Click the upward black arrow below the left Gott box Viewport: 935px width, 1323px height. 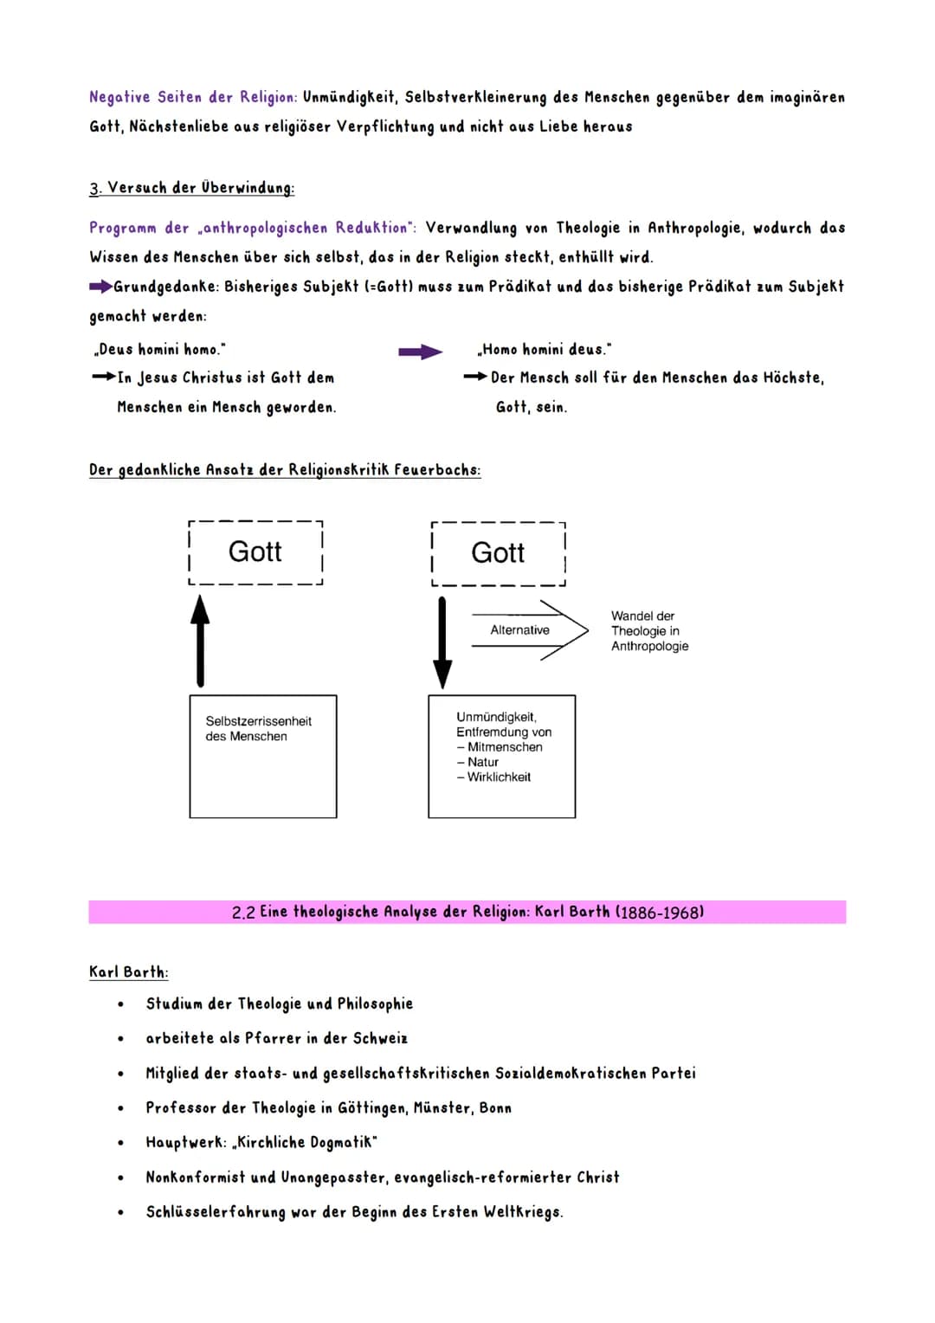[200, 642]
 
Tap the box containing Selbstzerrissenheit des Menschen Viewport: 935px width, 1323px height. [263, 756]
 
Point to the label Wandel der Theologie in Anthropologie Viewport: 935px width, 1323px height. [649, 631]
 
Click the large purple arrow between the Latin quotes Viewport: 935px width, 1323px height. [420, 352]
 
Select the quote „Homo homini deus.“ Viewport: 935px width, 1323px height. [544, 350]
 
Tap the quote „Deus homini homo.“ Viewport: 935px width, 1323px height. [158, 350]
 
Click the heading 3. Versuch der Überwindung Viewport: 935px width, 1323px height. [191, 188]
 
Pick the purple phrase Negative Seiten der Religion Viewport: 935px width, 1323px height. [193, 97]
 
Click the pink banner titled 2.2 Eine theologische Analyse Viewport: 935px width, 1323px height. [467, 912]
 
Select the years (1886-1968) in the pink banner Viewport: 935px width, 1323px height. [659, 912]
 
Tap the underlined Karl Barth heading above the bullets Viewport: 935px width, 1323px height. [128, 972]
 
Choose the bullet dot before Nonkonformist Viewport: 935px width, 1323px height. [120, 1178]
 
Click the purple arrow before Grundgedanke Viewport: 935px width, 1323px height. [100, 287]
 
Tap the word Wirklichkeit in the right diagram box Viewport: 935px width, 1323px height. [499, 778]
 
